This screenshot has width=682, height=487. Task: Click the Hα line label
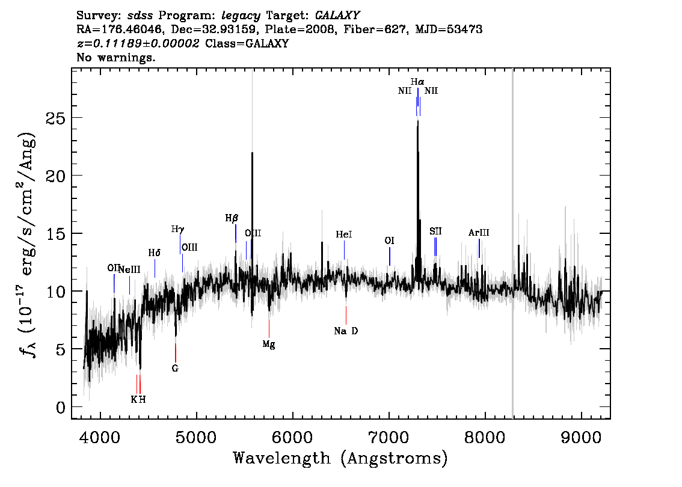417,82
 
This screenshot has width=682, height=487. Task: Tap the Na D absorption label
346,331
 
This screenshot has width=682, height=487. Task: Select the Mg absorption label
269,345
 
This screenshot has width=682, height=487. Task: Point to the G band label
175,369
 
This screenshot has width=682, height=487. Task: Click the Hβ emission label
232,218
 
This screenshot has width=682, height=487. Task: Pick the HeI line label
344,234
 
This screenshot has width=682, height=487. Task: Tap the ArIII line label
479,233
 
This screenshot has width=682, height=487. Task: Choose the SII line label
436,231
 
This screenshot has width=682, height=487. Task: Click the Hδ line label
155,253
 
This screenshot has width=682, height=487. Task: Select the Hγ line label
178,230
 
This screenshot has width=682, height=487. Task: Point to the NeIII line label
130,269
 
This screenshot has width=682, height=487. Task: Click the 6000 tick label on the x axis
293,437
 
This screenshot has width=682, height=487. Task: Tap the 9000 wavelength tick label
581,437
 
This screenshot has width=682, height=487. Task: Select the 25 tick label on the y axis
55,118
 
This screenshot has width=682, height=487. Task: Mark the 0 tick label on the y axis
61,408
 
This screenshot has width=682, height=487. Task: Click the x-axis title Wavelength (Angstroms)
340,458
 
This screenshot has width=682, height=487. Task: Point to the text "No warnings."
115,57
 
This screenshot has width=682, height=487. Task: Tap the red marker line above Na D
346,315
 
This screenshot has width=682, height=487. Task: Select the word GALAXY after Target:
337,16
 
